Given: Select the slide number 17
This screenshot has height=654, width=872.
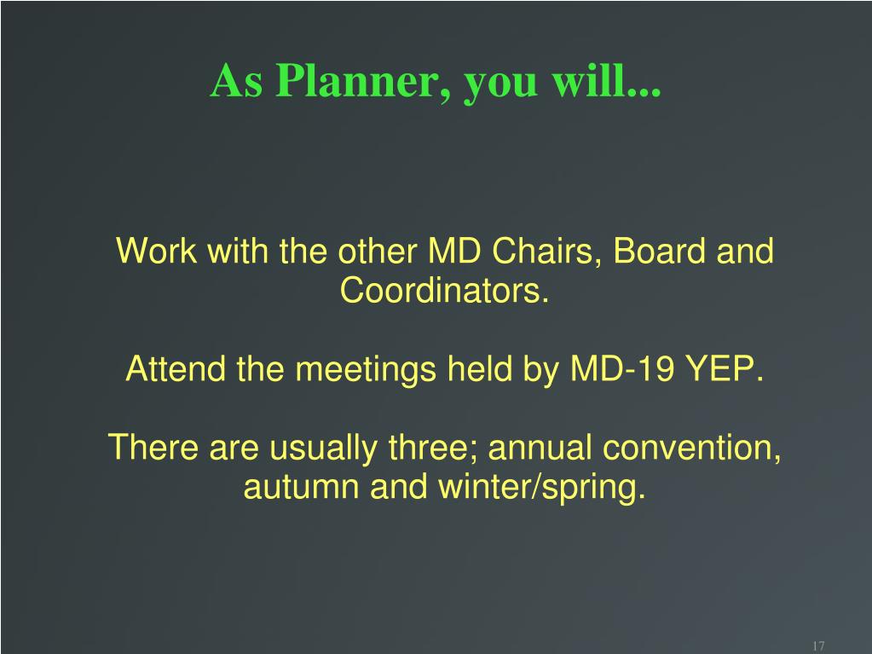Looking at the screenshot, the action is pyautogui.click(x=818, y=645).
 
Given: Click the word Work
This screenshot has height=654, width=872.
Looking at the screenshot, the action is pyautogui.click(x=156, y=251).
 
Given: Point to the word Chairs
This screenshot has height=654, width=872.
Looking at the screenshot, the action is pyautogui.click(x=546, y=251).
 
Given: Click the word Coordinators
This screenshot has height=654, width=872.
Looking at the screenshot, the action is pyautogui.click(x=444, y=290).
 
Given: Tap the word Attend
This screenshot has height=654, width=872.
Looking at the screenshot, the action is pyautogui.click(x=176, y=368).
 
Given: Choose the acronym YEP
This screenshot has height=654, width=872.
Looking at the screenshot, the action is pyautogui.click(x=725, y=368).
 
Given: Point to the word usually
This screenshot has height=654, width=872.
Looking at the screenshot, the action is pyautogui.click(x=322, y=449).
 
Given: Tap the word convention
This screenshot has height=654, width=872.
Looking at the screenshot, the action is pyautogui.click(x=692, y=449).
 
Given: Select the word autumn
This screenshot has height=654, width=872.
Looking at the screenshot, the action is pyautogui.click(x=301, y=487).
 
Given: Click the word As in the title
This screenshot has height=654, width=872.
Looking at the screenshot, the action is pyautogui.click(x=236, y=81).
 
